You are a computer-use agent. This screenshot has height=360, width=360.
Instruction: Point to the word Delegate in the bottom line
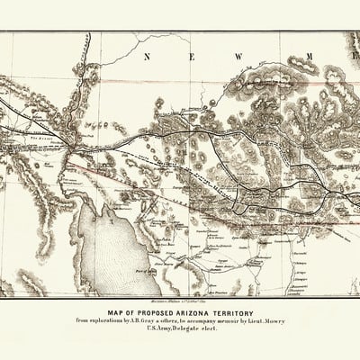(185, 330)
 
